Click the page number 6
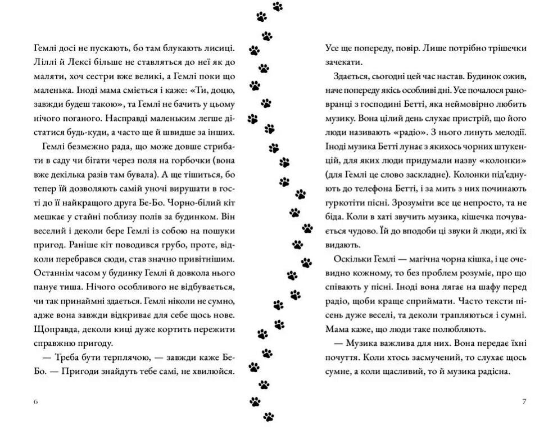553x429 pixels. tap(35, 401)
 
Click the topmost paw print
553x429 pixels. tap(278, 7)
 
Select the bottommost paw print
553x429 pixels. tap(269, 417)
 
